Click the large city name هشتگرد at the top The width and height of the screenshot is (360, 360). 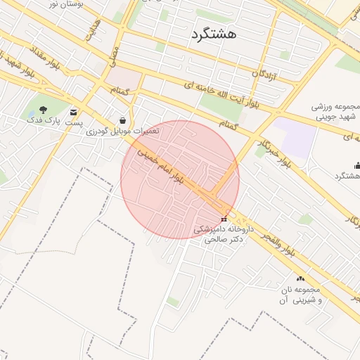213,33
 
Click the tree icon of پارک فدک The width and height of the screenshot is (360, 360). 44,110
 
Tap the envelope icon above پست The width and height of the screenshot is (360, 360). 74,112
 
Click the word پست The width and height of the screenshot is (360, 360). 74,122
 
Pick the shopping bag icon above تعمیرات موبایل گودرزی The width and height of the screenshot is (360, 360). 124,120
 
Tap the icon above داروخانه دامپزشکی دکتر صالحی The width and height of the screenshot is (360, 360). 224,219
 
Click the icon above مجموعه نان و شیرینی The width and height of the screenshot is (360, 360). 301,279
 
